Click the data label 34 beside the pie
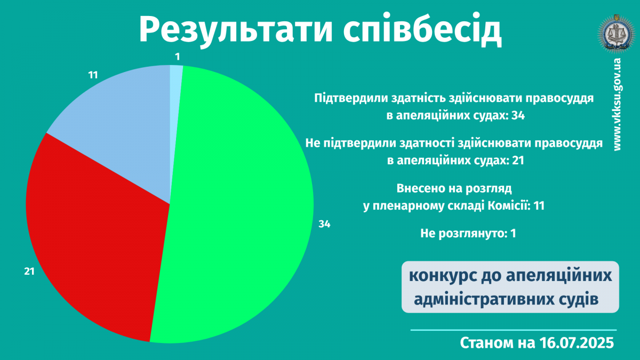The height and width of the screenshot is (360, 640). tap(324, 225)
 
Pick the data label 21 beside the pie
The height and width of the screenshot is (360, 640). tap(29, 271)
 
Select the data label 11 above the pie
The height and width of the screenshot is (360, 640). tap(93, 75)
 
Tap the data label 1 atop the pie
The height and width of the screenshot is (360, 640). tap(178, 57)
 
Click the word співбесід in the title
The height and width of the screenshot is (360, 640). tap(422, 29)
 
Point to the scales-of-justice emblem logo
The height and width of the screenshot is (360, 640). tap(617, 34)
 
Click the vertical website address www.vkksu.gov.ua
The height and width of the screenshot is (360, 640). tap(617, 105)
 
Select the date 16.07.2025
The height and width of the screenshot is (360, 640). tap(577, 342)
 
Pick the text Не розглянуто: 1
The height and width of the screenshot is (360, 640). tap(468, 234)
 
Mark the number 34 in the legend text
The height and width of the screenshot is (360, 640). tap(518, 115)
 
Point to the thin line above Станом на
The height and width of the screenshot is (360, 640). tap(514, 330)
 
